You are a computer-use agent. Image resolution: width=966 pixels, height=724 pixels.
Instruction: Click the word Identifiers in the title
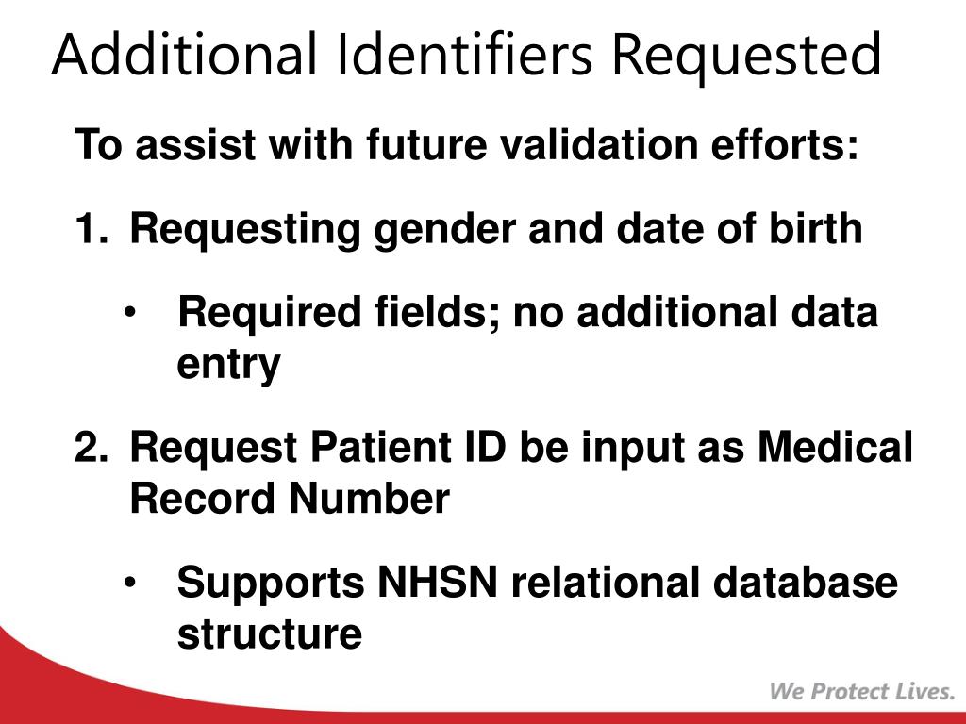tap(461, 56)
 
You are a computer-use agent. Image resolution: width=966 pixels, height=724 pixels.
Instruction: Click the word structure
tap(269, 634)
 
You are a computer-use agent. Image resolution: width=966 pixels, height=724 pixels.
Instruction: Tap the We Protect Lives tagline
tap(861, 692)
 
